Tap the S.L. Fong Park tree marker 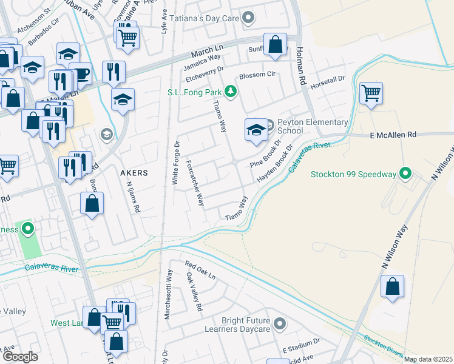[230, 92]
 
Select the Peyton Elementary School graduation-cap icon [256, 130]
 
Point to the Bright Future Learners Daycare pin [279, 324]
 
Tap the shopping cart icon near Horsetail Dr [371, 94]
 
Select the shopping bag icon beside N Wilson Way [393, 286]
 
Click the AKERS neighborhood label [134, 173]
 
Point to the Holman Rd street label [299, 67]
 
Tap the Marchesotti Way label [168, 294]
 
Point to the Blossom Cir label [257, 75]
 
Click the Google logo [20, 357]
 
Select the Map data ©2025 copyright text [428, 359]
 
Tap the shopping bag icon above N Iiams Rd [92, 204]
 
